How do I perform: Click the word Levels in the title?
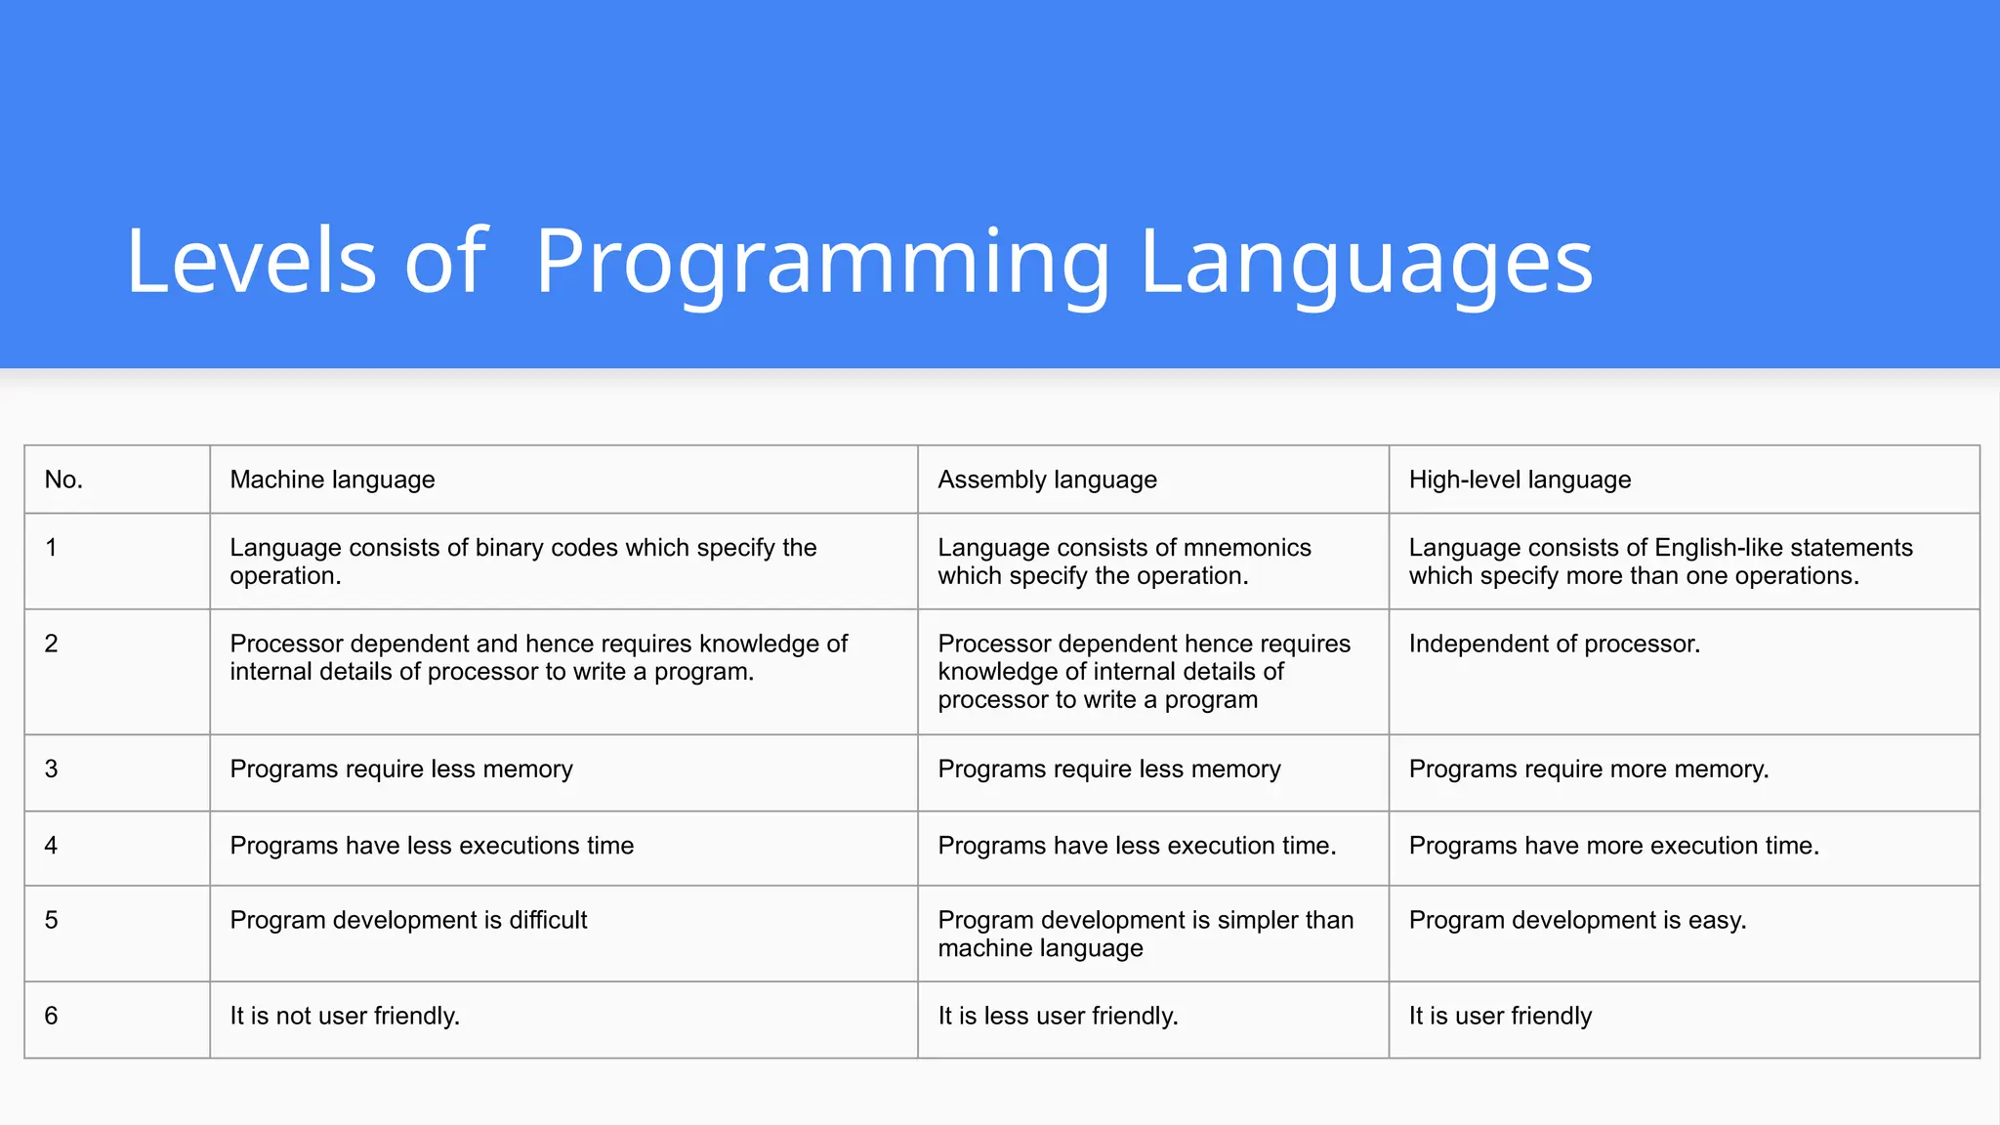[251, 262]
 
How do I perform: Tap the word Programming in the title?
[822, 262]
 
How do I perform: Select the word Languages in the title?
[1365, 262]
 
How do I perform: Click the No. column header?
[64, 479]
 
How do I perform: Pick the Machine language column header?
[332, 479]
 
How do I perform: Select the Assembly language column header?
[1047, 479]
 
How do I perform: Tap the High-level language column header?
[1520, 479]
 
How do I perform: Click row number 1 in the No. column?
[52, 548]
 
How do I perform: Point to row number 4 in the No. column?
[52, 846]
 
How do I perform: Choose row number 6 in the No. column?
[52, 1016]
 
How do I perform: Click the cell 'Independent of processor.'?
[1554, 645]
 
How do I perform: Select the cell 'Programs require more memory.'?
[1588, 770]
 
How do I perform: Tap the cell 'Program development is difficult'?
[408, 920]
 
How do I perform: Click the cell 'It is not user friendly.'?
[345, 1016]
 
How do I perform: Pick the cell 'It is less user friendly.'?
[1058, 1016]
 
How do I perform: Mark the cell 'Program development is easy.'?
[1577, 920]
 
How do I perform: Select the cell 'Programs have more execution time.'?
[1613, 846]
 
